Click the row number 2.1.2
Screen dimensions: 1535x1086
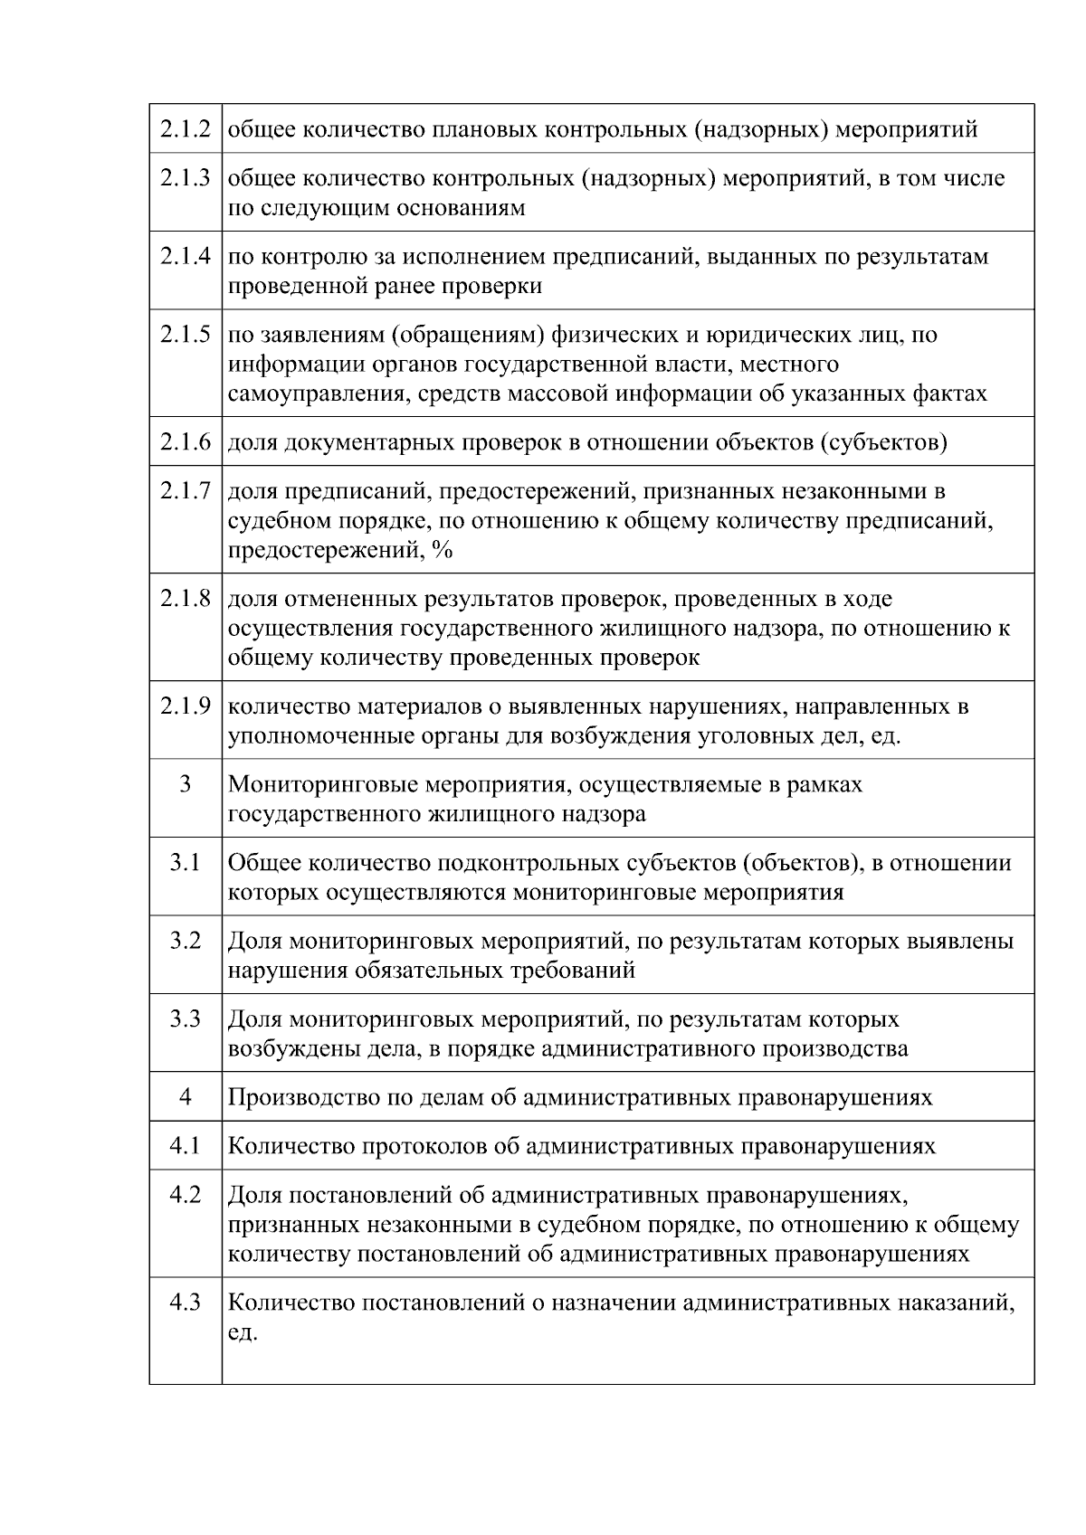pyautogui.click(x=186, y=129)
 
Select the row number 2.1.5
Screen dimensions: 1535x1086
pyautogui.click(x=186, y=335)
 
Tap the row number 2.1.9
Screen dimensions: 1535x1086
pyautogui.click(x=186, y=706)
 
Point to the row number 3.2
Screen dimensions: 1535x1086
pyautogui.click(x=186, y=941)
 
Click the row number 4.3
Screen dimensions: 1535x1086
pyautogui.click(x=186, y=1303)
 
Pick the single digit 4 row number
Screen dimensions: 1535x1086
pyautogui.click(x=186, y=1097)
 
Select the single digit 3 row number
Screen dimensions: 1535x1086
pyautogui.click(x=186, y=784)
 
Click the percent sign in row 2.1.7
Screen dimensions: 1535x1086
pyautogui.click(x=443, y=550)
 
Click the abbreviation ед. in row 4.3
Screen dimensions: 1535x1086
pyautogui.click(x=243, y=1332)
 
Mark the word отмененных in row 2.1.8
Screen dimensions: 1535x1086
pyautogui.click(x=350, y=599)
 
